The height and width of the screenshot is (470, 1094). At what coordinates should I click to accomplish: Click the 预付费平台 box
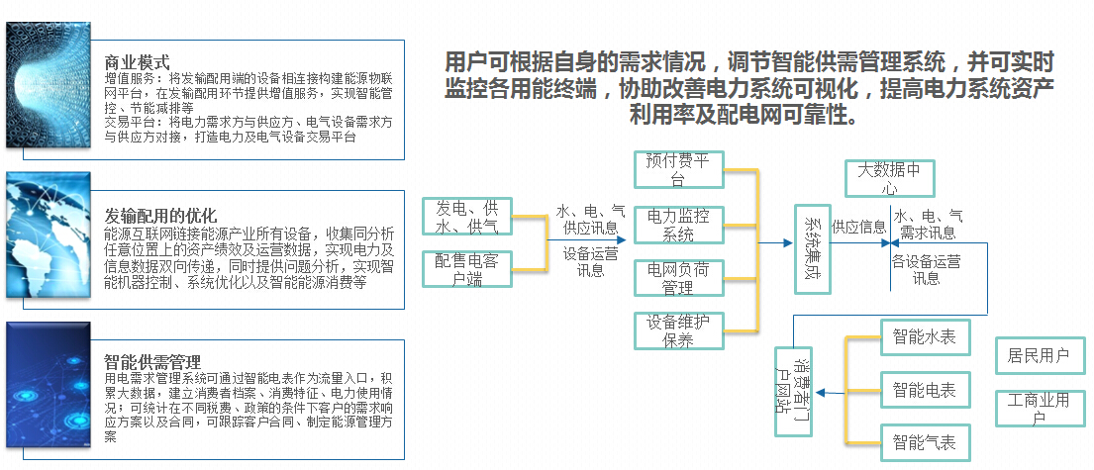678,169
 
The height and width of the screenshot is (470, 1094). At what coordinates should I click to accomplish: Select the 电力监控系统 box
678,225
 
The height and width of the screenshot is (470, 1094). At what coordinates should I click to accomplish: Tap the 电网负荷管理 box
678,278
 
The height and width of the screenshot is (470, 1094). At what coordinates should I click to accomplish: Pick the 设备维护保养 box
678,330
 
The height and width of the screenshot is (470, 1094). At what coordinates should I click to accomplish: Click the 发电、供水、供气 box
467,217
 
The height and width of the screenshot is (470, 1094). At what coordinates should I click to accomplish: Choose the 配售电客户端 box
467,269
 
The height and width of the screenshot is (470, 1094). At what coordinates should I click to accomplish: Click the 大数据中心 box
889,178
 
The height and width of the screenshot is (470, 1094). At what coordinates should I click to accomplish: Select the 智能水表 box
925,337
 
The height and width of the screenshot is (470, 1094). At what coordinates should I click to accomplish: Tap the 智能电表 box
925,391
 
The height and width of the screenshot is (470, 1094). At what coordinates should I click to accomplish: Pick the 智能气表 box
925,442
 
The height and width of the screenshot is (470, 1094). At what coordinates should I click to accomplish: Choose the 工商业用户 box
1039,409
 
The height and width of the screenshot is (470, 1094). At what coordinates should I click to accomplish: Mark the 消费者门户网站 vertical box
792,391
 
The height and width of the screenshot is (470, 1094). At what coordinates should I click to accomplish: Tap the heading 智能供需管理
152,362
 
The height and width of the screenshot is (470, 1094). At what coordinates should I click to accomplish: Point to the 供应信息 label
858,227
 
